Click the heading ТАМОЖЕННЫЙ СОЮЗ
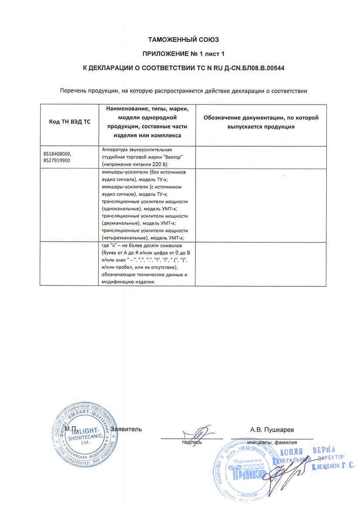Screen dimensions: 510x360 (x=183, y=40)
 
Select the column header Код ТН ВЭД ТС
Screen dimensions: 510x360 (x=69, y=122)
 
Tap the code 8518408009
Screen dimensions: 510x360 (x=57, y=155)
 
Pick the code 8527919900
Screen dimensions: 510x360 (x=57, y=161)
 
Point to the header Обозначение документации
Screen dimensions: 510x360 (x=261, y=118)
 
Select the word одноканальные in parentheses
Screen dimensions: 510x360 (x=119, y=208)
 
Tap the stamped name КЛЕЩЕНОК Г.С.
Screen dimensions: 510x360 (x=333, y=467)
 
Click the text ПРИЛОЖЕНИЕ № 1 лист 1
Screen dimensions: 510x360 (x=183, y=54)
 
